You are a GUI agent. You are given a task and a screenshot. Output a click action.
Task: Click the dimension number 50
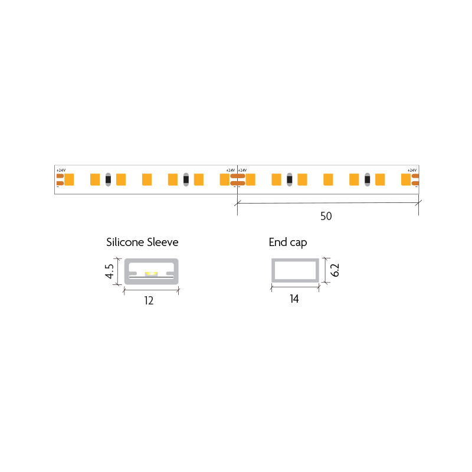coord(326,217)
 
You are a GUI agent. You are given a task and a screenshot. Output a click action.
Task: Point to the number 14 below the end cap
coord(294,300)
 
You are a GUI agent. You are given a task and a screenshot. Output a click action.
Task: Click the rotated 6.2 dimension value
coord(335,270)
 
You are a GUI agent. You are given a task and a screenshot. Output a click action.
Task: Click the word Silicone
coord(125,242)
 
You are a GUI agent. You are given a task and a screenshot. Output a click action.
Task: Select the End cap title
coord(287,242)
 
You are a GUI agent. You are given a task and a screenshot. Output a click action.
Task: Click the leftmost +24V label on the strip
coord(60,171)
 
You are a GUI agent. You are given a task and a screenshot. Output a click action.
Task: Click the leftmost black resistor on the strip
coord(108,179)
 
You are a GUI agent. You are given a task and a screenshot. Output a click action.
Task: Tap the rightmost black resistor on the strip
coord(368,179)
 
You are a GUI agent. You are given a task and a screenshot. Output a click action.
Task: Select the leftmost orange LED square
coord(69,179)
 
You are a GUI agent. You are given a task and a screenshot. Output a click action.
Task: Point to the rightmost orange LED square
coord(405,179)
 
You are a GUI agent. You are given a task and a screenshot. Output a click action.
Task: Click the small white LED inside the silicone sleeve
coord(150,274)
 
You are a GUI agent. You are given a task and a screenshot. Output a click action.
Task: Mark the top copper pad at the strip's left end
coord(60,175)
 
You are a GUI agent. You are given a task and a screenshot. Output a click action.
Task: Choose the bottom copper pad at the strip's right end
coord(415,183)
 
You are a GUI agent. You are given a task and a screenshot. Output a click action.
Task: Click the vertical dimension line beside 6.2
coord(326,270)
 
